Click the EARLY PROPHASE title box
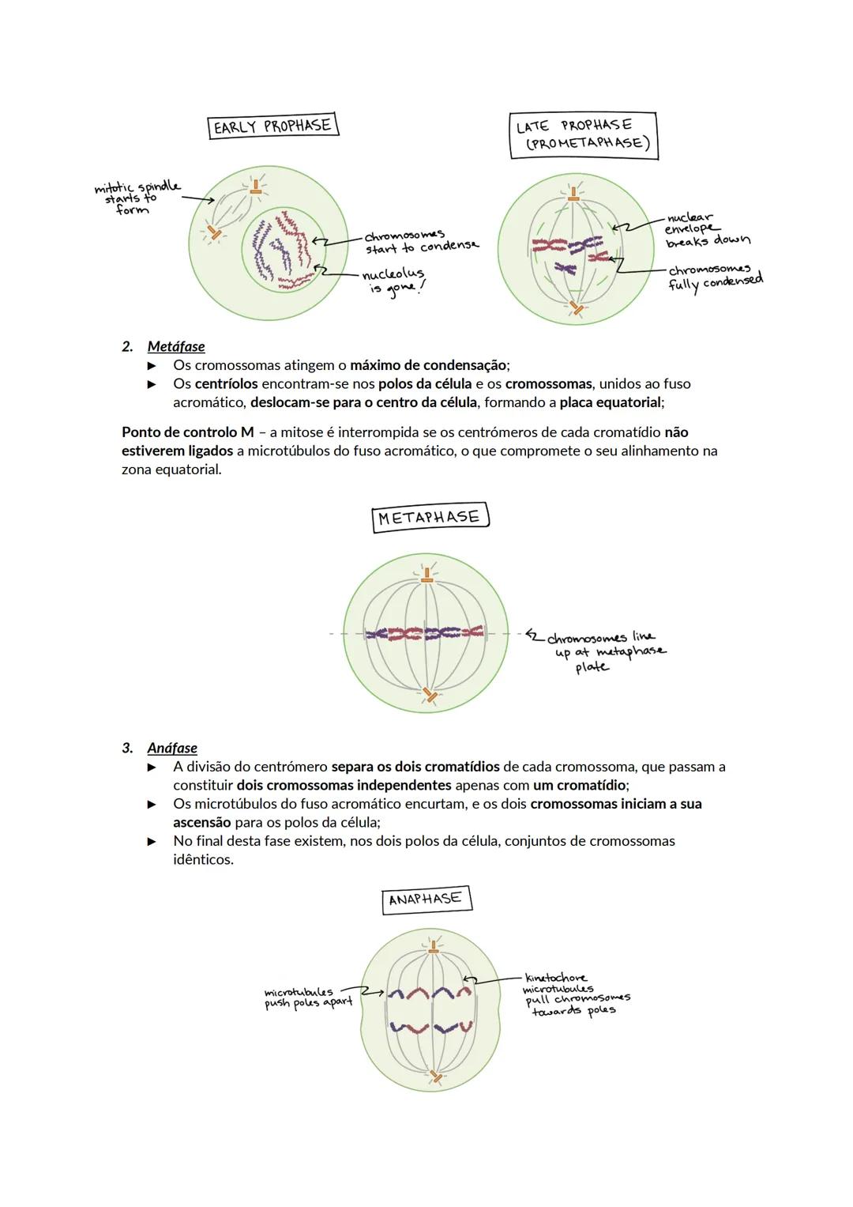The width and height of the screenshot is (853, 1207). [x=272, y=126]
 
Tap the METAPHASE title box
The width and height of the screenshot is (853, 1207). [x=430, y=518]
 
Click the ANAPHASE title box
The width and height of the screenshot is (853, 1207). [x=426, y=899]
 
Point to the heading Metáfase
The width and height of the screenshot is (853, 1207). [x=175, y=346]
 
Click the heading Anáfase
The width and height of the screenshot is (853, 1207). [x=172, y=748]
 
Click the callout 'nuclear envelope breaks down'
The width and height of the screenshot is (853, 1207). [x=705, y=229]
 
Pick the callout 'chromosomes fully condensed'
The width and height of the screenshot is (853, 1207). [x=715, y=277]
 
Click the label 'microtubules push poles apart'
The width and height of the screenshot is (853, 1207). [x=308, y=998]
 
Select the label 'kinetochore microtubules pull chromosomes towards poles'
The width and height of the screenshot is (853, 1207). [x=575, y=994]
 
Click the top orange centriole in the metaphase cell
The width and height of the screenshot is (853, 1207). [x=427, y=579]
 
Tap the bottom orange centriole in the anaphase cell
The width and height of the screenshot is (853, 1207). [x=435, y=1077]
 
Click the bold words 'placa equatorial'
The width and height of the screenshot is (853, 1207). [x=610, y=402]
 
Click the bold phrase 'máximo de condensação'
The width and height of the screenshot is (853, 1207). [x=428, y=365]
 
